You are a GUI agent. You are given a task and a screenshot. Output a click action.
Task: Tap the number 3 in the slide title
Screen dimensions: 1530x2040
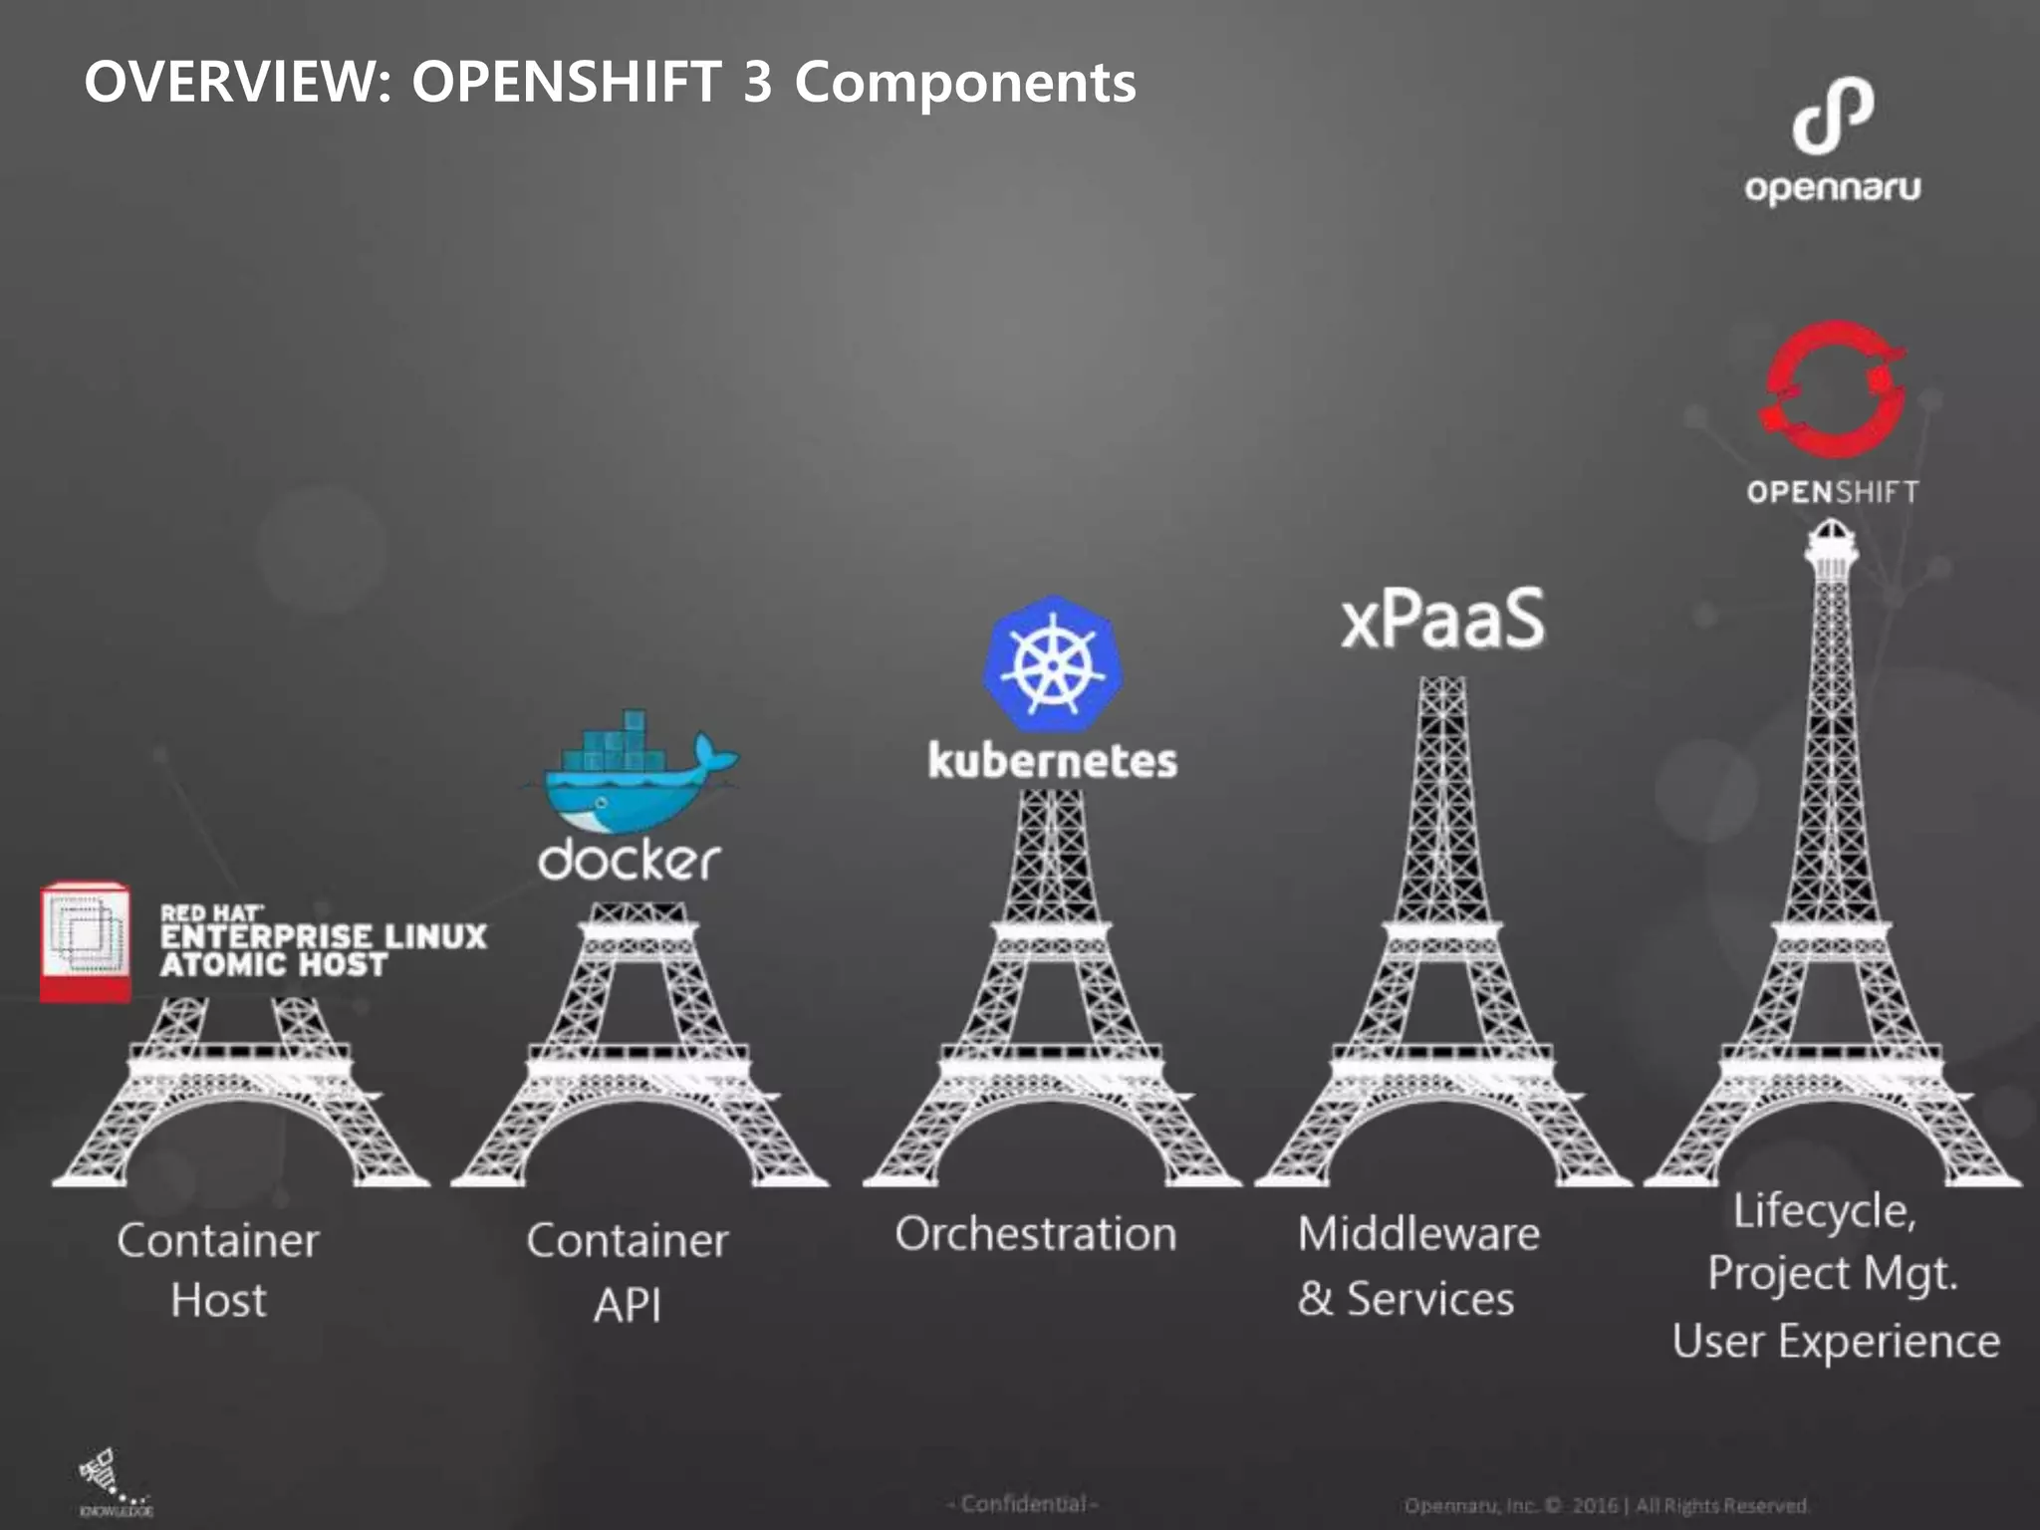tap(757, 82)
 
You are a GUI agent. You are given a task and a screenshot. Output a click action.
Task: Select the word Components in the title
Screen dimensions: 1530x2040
tap(964, 82)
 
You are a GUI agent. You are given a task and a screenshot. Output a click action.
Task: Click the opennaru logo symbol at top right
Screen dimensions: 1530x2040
tap(1833, 117)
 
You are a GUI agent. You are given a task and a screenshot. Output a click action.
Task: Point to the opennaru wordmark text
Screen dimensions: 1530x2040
tap(1832, 188)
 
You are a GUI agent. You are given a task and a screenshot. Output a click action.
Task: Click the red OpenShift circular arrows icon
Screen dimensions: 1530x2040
tap(1833, 389)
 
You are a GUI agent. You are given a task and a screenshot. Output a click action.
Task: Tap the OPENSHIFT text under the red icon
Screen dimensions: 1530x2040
tap(1832, 492)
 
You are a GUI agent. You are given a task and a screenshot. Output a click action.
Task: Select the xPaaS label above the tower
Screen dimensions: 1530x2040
tap(1442, 620)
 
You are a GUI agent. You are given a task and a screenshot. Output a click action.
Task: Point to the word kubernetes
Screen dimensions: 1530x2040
tap(1052, 762)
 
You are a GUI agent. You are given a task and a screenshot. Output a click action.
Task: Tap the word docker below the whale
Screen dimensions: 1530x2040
tap(629, 860)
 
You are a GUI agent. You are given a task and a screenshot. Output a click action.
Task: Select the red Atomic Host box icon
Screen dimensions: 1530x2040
tap(86, 941)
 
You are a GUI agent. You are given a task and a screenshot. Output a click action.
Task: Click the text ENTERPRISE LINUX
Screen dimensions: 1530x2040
tap(324, 936)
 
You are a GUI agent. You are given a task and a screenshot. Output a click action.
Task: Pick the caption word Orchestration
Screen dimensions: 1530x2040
tap(1035, 1234)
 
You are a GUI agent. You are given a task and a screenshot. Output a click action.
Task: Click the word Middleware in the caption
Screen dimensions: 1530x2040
tap(1418, 1234)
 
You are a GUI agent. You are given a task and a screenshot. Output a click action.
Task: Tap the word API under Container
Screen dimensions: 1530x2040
tap(628, 1305)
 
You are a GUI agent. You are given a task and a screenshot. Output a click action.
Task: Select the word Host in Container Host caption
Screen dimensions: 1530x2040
tap(218, 1300)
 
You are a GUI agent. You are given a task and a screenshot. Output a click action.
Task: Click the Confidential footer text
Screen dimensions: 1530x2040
tap(1023, 1503)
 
